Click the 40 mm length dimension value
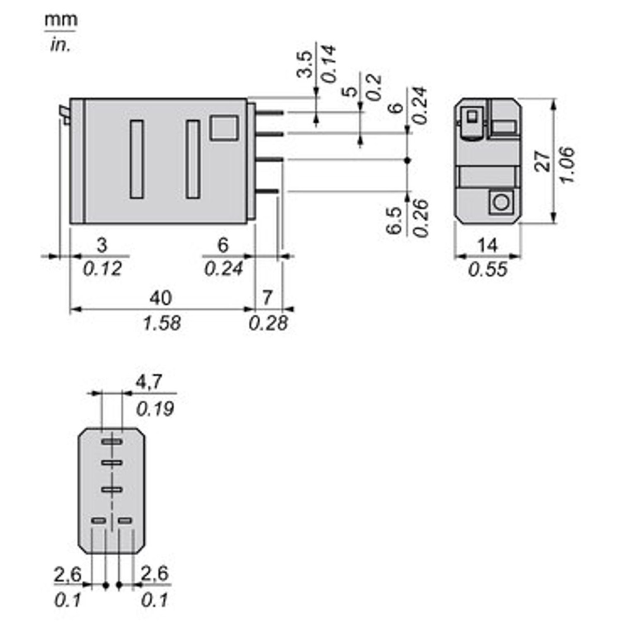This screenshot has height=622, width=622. click(x=161, y=298)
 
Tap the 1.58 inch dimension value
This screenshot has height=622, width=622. click(x=162, y=323)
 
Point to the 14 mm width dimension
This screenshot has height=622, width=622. click(x=487, y=245)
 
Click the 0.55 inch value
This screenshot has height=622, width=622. click(x=487, y=270)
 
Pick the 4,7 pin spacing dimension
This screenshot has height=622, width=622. click(x=149, y=383)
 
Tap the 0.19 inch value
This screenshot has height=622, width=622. click(x=155, y=409)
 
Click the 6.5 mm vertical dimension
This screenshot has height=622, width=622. click(x=394, y=220)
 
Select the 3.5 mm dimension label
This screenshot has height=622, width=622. click(x=305, y=64)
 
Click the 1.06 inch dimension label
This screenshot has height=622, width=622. click(x=568, y=165)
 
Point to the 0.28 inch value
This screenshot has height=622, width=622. click(x=268, y=323)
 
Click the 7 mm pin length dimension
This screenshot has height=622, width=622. click(x=267, y=298)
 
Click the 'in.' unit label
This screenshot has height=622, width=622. click(x=60, y=45)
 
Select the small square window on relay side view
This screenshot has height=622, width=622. click(x=224, y=128)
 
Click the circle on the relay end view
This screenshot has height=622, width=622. click(x=501, y=202)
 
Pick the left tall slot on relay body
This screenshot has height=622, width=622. click(x=137, y=159)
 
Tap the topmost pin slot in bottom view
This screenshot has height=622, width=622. click(x=111, y=442)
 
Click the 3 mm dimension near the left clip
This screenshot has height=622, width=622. click(x=102, y=245)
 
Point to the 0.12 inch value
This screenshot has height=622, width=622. click(x=102, y=269)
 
